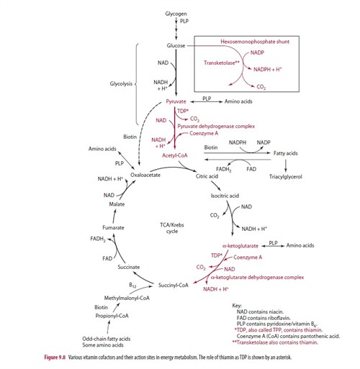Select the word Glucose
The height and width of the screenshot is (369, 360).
click(x=176, y=45)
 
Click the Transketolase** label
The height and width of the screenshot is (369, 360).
click(x=222, y=63)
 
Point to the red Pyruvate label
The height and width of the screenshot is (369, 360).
click(x=176, y=103)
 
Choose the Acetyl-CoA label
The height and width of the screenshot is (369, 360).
click(x=176, y=154)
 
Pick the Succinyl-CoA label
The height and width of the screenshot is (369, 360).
click(x=174, y=285)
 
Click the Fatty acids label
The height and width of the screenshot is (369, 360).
click(x=286, y=153)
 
